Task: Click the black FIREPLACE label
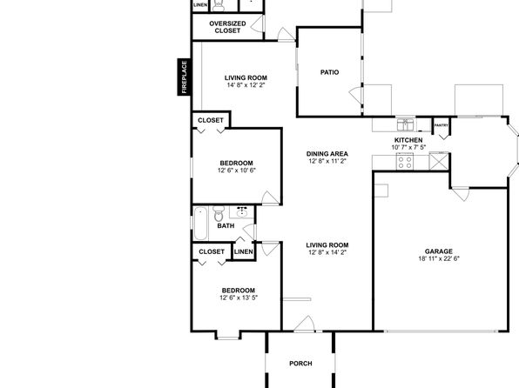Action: tap(185, 77)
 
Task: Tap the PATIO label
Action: tap(330, 72)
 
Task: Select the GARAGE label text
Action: tap(439, 251)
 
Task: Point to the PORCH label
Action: tap(300, 363)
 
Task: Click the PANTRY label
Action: tap(441, 125)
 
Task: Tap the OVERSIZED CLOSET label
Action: tap(227, 27)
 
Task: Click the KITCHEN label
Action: tap(408, 140)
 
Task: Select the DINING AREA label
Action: tap(327, 154)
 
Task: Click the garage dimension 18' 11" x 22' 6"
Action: tap(439, 258)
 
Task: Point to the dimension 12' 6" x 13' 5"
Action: tap(239, 298)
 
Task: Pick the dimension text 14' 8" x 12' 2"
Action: tap(246, 85)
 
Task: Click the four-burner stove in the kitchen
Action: tap(405, 162)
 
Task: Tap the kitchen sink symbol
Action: tap(406, 125)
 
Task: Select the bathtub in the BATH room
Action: tap(200, 224)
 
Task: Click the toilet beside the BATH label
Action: tap(219, 214)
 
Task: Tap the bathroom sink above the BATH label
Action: tap(242, 212)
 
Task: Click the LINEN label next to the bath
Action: tap(244, 251)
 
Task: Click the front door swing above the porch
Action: tap(304, 323)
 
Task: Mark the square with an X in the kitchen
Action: tap(439, 162)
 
